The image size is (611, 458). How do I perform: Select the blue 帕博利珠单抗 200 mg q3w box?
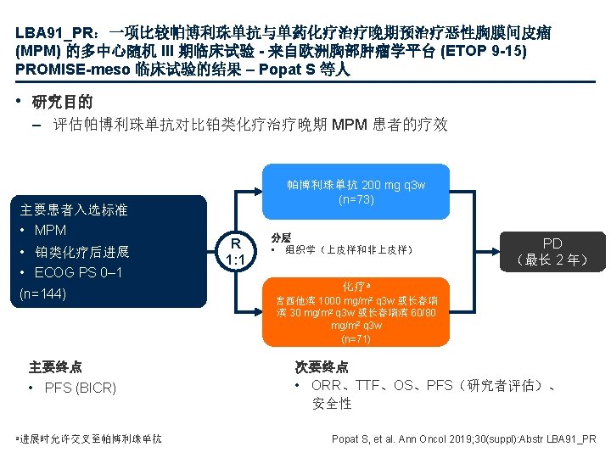click(356, 193)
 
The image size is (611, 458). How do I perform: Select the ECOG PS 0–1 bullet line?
click(78, 272)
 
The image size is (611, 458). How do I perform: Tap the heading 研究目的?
click(62, 103)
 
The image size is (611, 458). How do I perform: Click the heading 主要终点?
click(55, 367)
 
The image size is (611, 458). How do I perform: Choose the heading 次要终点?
click(322, 367)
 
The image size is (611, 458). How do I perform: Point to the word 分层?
click(280, 238)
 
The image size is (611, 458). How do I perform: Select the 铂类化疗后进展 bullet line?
click(81, 252)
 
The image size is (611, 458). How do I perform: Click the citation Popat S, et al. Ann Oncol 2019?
click(463, 438)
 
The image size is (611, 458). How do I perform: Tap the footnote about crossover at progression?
click(89, 438)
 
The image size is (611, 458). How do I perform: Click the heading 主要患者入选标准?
click(74, 209)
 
